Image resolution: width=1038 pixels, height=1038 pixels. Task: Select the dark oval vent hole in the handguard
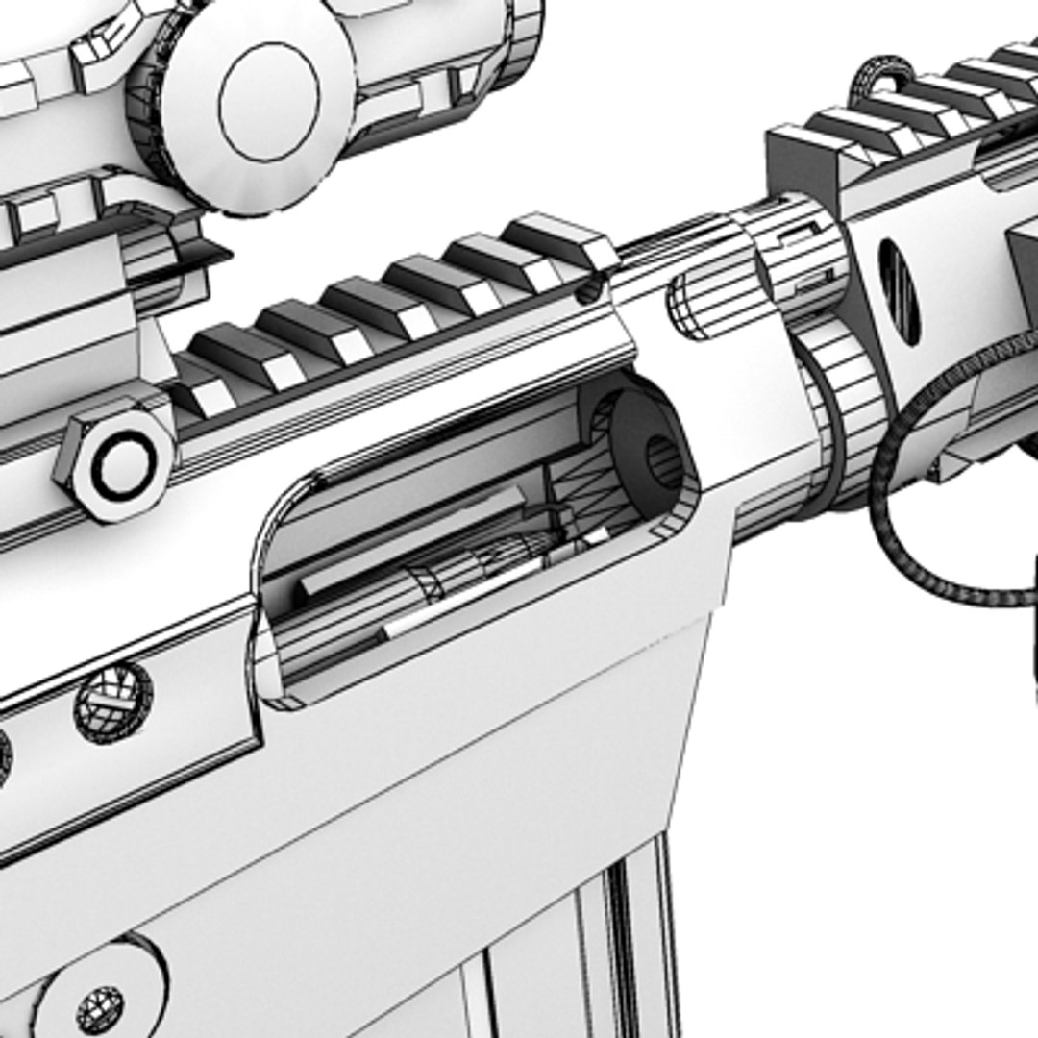tap(899, 292)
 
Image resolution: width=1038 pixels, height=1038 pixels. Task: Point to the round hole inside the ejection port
tap(663, 461)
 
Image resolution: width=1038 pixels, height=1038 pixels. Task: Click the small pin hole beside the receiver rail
tap(589, 290)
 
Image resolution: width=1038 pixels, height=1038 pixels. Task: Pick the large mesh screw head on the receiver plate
tap(113, 702)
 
